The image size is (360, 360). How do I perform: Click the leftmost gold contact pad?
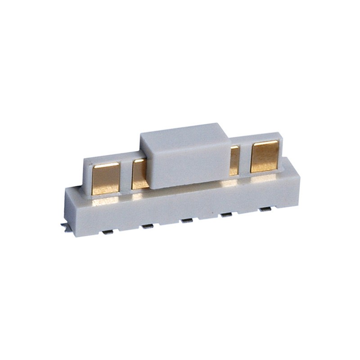coord(106,178)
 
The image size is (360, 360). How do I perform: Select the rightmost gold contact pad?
coord(264,156)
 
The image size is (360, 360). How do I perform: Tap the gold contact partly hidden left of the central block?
coord(139,175)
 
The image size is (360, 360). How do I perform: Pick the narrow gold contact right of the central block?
coord(234,161)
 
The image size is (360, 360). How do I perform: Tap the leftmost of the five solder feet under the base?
coord(108,232)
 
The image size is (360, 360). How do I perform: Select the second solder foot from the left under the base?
coord(147,226)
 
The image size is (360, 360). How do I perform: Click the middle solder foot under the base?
coord(186,220)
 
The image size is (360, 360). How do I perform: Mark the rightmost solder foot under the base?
coord(266,209)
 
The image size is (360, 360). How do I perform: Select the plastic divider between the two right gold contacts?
coord(245,158)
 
